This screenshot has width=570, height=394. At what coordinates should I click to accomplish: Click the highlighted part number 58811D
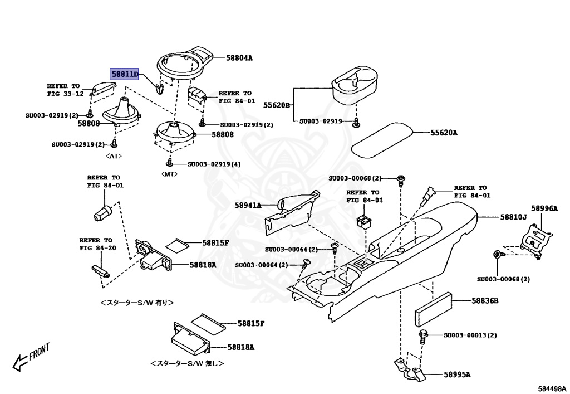pos(125,74)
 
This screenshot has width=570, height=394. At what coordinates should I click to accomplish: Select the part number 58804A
pos(239,57)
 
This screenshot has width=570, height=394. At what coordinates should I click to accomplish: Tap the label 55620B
pos(277,104)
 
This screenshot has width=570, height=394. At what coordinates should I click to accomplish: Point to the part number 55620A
pos(443,133)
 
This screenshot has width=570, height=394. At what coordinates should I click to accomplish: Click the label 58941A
pos(248,205)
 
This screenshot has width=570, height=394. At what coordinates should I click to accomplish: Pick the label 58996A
pos(544,208)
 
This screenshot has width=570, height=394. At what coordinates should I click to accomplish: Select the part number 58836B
pos(485,301)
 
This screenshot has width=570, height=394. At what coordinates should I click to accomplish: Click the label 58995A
pos(457,374)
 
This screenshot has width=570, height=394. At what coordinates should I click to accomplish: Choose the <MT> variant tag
pos(170,174)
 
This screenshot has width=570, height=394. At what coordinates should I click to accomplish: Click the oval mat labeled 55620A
pos(381,139)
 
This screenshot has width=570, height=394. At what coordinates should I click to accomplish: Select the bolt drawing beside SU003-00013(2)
pos(422,335)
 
